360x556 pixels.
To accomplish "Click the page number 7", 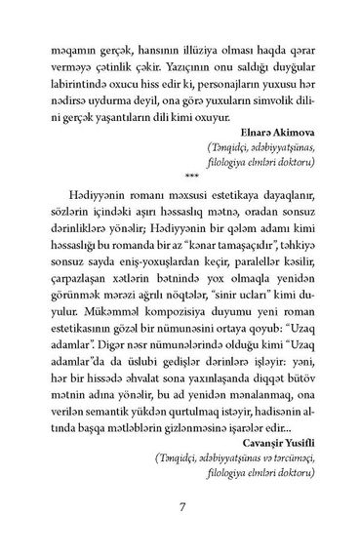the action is tap(180, 506).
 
